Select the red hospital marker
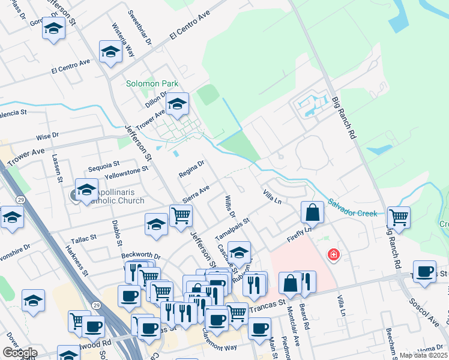[x=333, y=255]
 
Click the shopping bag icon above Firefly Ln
[x=312, y=212]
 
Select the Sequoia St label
[x=104, y=163]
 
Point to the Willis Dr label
[x=230, y=207]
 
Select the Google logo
[x=19, y=353]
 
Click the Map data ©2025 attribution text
[x=423, y=355]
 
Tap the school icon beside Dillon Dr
[x=177, y=105]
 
